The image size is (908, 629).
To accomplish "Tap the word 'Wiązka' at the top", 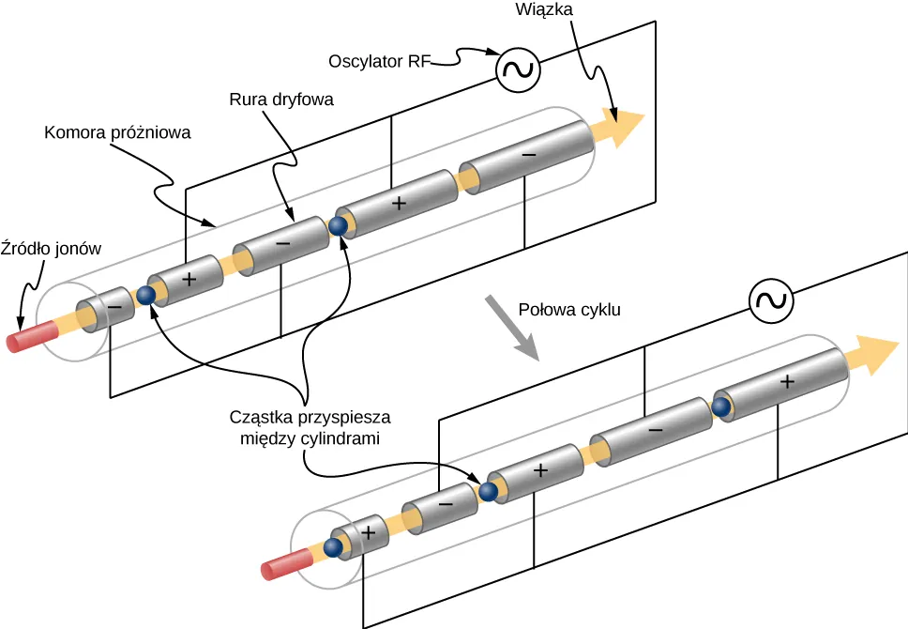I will (x=542, y=10).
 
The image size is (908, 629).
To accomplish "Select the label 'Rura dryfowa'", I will (x=281, y=99).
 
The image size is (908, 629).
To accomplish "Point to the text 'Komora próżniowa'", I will (x=117, y=132).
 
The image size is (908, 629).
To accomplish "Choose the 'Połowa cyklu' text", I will (x=569, y=309).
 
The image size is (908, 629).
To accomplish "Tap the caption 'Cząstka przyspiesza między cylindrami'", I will (x=310, y=426).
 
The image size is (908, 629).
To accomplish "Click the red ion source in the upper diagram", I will (x=29, y=336).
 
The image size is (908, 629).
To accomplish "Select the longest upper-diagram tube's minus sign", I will (x=529, y=152).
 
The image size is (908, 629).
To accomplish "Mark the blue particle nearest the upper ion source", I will (x=146, y=296).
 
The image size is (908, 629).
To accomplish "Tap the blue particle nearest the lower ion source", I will (x=331, y=548).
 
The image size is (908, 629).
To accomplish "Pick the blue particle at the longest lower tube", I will (x=720, y=407).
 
